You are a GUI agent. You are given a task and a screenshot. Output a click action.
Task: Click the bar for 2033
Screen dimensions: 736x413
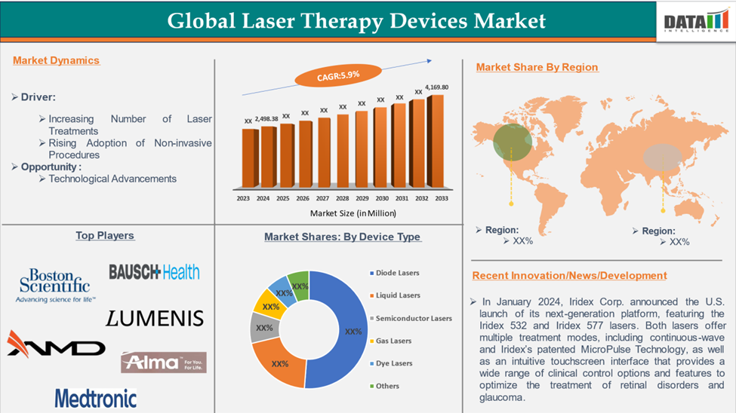pyautogui.click(x=435, y=141)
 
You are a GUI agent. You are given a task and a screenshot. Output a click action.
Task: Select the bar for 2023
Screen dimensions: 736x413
pyautogui.click(x=250, y=158)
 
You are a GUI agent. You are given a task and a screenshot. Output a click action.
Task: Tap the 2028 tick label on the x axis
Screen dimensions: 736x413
pyautogui.click(x=342, y=198)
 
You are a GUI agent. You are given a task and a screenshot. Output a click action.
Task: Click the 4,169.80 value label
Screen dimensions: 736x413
pyautogui.click(x=436, y=87)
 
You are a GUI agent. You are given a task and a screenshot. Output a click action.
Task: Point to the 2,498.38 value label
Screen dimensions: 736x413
pyautogui.click(x=266, y=119)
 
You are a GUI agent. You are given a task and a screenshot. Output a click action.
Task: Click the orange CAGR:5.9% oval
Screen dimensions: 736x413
pyautogui.click(x=338, y=75)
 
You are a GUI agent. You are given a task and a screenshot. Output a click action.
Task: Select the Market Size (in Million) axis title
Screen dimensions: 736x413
pyautogui.click(x=353, y=213)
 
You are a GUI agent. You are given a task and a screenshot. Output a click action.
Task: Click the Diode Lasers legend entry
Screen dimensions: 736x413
pyautogui.click(x=394, y=273)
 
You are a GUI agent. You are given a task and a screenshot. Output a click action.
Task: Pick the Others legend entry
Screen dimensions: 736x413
pyautogui.click(x=384, y=387)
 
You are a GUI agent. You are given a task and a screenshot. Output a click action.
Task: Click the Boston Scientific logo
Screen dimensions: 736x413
pyautogui.click(x=55, y=286)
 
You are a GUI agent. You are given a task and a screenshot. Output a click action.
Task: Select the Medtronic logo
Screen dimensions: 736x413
pyautogui.click(x=96, y=399)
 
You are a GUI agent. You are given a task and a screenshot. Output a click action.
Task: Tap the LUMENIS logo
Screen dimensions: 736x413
pyautogui.click(x=155, y=318)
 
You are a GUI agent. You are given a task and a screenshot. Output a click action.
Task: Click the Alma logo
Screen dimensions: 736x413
pyautogui.click(x=163, y=363)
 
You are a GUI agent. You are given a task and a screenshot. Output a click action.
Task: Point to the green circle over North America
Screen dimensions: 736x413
pyautogui.click(x=513, y=142)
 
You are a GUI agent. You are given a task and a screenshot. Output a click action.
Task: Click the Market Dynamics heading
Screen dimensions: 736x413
pyautogui.click(x=56, y=60)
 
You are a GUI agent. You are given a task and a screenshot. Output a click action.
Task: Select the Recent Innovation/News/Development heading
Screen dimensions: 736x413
pyautogui.click(x=569, y=276)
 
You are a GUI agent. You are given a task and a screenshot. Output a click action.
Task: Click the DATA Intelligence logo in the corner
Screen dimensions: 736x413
pyautogui.click(x=697, y=22)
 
